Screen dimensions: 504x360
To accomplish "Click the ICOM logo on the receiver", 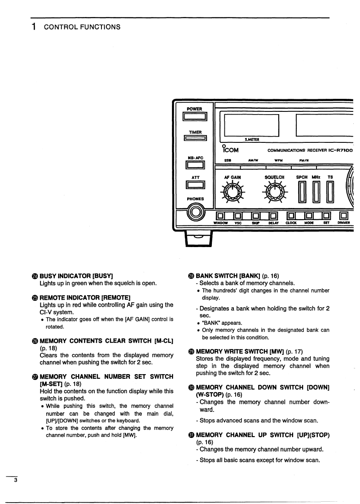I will pyautogui.click(x=231, y=149).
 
